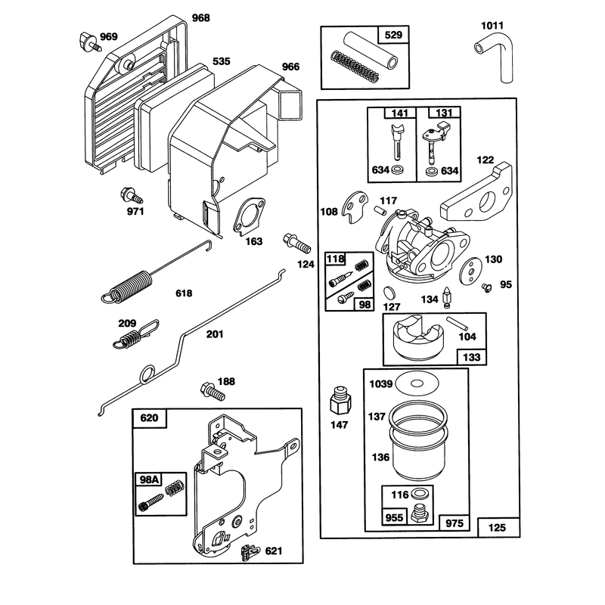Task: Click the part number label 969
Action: point(109,36)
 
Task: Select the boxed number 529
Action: point(393,35)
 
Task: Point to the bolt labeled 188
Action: point(213,392)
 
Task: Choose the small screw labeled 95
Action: point(487,287)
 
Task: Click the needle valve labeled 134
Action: point(447,297)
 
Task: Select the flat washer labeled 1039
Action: point(417,383)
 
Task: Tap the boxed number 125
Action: point(498,527)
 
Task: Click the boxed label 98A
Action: point(149,479)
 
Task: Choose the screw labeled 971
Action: point(131,195)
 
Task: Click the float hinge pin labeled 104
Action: point(457,324)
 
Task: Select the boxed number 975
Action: point(455,523)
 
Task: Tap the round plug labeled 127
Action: point(390,293)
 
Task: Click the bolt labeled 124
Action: point(297,243)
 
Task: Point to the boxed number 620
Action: point(149,418)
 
